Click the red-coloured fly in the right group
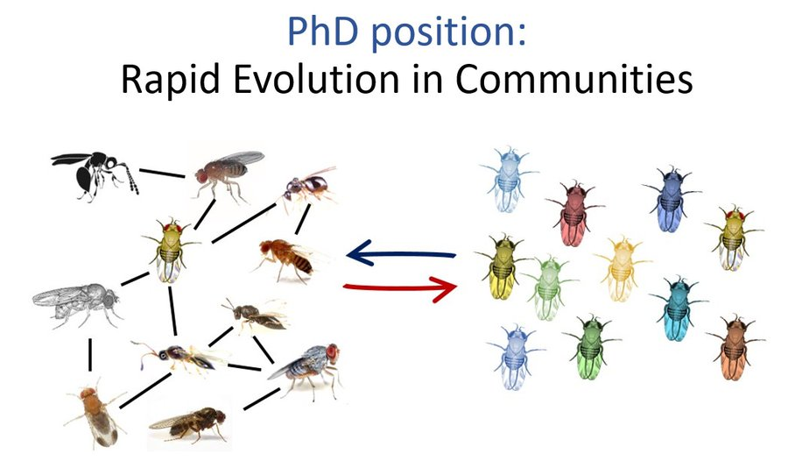[573, 211]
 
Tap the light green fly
[548, 287]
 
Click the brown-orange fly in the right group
[733, 346]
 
